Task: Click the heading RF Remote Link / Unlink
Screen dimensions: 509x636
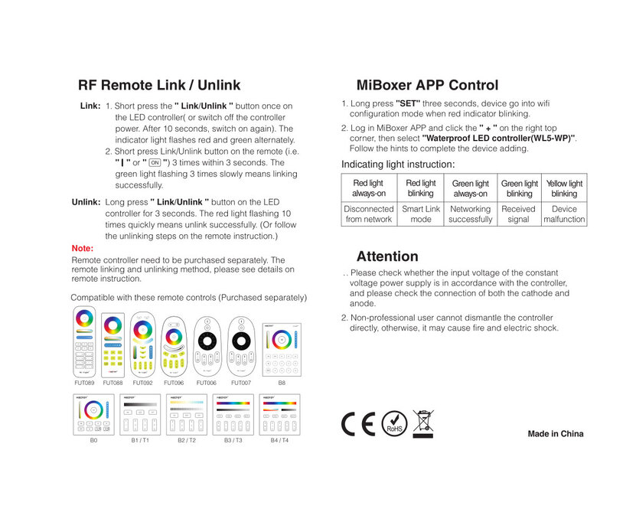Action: point(159,85)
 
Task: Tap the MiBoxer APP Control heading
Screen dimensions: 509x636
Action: point(427,85)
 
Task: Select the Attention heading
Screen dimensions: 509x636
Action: point(387,256)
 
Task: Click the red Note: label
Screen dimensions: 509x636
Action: point(82,249)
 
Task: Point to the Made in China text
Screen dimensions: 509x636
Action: point(556,434)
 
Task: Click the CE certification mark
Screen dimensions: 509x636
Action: point(358,423)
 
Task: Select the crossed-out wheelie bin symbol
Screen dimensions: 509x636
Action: point(422,423)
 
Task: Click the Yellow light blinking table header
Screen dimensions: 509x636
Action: point(564,188)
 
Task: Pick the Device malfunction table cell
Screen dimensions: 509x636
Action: point(564,214)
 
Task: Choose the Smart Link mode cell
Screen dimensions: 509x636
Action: point(421,214)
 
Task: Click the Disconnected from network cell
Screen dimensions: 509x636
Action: point(369,214)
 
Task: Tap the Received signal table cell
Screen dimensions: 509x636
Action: point(518,214)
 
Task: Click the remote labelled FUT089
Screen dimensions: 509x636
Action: point(84,340)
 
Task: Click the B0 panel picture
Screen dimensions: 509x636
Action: point(93,414)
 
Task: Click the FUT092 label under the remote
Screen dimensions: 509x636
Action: point(143,382)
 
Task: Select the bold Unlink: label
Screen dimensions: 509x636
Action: point(86,203)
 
